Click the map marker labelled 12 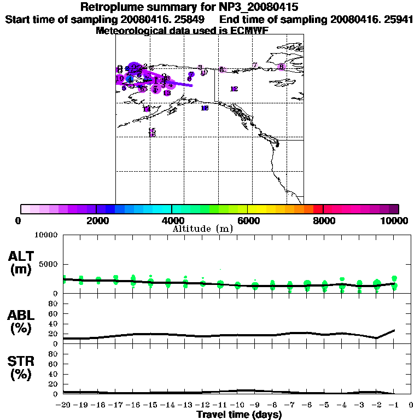click(234, 89)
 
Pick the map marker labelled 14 click(146, 109)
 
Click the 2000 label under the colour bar click(96, 220)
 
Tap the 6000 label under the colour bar click(248, 220)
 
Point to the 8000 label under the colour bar click(323, 220)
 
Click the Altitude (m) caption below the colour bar click(202, 229)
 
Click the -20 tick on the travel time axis click(64, 405)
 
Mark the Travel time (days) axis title click(239, 415)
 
